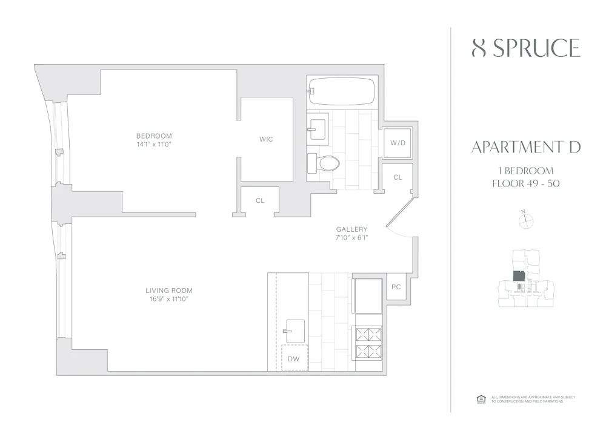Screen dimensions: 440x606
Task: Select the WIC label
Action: coord(266,139)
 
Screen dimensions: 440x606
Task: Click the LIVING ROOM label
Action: coord(164,291)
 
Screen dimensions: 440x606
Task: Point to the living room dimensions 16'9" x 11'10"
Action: coord(164,300)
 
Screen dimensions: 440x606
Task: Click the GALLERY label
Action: coord(351,229)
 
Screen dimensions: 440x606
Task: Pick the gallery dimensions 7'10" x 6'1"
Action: coord(351,238)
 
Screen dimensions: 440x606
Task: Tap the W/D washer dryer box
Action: coord(398,143)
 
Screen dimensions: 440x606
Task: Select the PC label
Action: coord(396,287)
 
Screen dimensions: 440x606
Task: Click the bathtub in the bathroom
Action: coord(341,91)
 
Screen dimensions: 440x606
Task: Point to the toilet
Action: coord(324,163)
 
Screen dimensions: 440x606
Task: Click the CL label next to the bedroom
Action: coord(260,200)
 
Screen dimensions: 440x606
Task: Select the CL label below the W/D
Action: coord(398,177)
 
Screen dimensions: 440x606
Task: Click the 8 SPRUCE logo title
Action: coord(525,48)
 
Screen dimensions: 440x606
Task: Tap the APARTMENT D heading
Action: coord(525,147)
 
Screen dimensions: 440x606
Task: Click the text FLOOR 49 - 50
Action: coord(525,183)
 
